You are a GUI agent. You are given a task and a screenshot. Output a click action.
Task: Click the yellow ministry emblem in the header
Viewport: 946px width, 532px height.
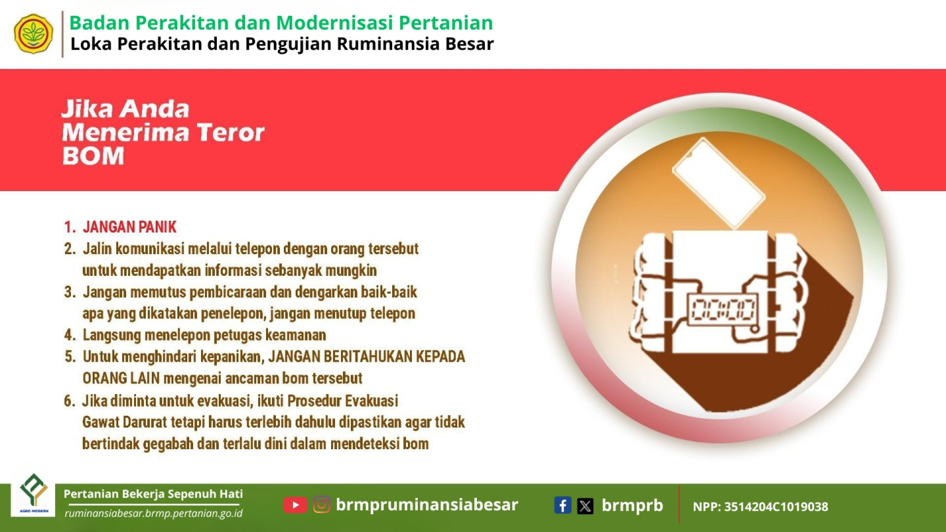[34, 34]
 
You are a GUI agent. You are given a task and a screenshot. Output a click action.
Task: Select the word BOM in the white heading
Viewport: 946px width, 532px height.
[93, 156]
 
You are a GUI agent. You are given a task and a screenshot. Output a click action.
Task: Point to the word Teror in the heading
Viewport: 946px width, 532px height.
[231, 133]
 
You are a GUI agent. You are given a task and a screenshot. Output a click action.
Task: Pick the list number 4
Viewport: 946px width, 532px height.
[69, 335]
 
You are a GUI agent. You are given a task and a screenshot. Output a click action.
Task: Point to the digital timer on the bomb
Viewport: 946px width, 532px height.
[723, 310]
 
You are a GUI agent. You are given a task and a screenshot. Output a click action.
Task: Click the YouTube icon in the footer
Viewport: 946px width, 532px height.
[295, 505]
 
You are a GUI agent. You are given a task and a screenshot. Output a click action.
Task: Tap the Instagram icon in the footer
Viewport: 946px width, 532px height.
[322, 505]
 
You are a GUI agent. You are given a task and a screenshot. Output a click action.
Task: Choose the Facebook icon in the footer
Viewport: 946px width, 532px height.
[563, 505]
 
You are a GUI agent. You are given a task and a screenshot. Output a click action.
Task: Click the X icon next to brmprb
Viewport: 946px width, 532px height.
[585, 506]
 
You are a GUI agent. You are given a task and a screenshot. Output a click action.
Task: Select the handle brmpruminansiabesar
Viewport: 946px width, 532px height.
[427, 504]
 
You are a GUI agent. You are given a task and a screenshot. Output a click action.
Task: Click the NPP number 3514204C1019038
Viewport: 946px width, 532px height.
[776, 507]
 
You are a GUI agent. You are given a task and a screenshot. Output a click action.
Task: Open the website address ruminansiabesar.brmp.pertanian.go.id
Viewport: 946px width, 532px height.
[154, 513]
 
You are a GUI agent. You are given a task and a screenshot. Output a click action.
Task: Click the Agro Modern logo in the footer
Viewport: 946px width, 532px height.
[34, 494]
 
